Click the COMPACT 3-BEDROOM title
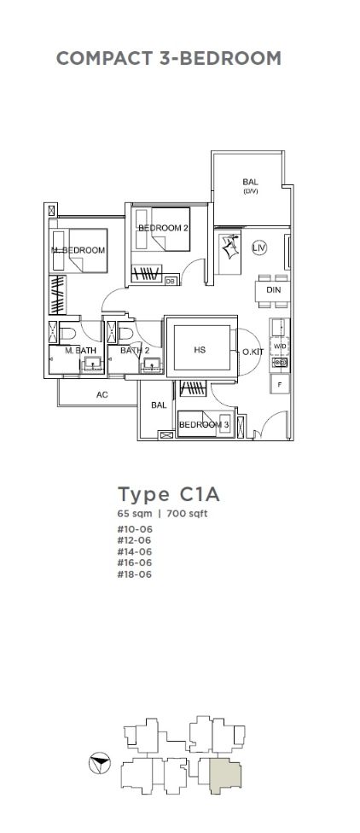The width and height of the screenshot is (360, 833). [x=168, y=58]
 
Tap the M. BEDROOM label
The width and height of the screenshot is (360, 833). [x=78, y=250]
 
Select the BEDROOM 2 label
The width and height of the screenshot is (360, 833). [x=157, y=228]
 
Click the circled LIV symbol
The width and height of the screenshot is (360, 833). [x=259, y=248]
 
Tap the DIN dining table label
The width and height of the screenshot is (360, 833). [x=274, y=290]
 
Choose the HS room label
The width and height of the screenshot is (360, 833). [x=200, y=350]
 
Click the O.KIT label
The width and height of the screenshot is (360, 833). [x=250, y=351]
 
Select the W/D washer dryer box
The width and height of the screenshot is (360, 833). [x=279, y=347]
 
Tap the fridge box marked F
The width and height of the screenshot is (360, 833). [x=280, y=383]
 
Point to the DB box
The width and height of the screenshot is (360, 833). [x=171, y=281]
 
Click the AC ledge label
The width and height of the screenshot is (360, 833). [x=102, y=394]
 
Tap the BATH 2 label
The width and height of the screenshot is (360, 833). [x=132, y=351]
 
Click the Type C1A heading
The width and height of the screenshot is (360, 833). [x=168, y=495]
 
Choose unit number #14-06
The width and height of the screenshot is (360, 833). [x=134, y=551]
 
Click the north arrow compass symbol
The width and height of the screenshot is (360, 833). [x=99, y=764]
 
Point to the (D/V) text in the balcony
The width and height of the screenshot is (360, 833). [x=251, y=191]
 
